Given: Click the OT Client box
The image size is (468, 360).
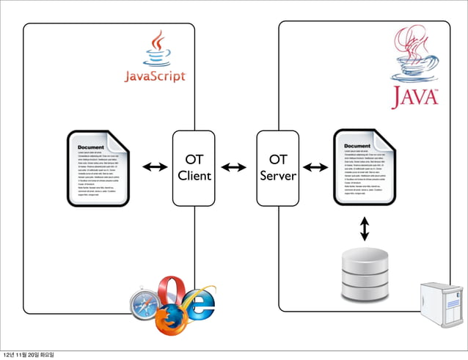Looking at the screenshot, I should click(194, 168).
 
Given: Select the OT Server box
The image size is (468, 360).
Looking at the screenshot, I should click(278, 168).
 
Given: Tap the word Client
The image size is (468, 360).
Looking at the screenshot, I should click(194, 176).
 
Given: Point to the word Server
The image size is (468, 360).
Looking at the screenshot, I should click(278, 176).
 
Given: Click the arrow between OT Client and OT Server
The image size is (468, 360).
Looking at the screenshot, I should click(234, 168).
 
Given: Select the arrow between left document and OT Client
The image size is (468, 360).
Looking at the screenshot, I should click(154, 168).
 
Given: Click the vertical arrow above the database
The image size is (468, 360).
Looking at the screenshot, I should click(365, 229).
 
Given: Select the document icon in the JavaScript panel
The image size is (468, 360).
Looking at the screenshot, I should click(99, 168).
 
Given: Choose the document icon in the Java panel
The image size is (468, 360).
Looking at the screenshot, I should click(365, 167).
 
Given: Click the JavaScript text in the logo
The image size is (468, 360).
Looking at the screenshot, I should click(154, 76).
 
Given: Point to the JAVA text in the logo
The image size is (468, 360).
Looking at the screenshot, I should click(415, 97).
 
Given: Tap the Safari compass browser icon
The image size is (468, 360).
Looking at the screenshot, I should click(144, 303).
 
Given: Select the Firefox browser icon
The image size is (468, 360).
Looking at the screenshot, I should click(170, 320).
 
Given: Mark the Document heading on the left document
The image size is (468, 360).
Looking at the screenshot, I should click(91, 147).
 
